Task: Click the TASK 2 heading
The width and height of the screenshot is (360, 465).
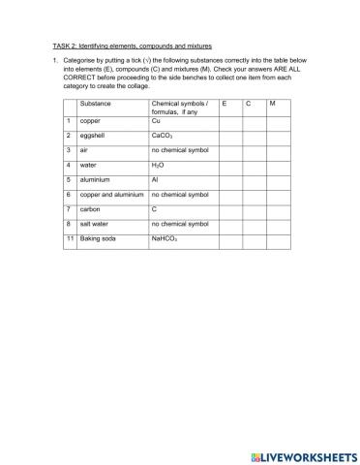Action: coord(131,46)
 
